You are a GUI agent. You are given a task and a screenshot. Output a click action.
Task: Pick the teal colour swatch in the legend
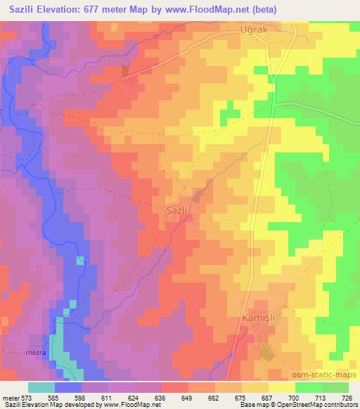pyautogui.click(x=41, y=387)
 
